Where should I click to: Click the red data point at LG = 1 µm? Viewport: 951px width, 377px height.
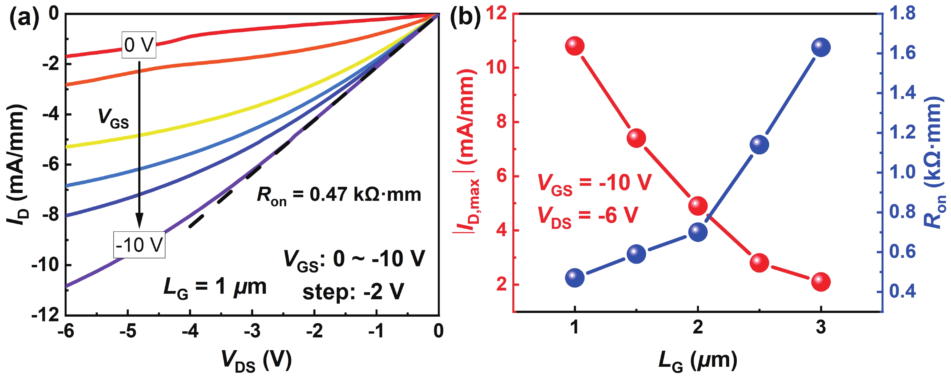coord(575,46)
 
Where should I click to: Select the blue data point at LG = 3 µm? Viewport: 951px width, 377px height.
coord(821,48)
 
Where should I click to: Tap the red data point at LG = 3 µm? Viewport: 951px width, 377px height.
coord(821,282)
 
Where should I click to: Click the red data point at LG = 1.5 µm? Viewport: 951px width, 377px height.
coord(636,138)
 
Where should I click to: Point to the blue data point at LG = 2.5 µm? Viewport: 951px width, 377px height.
coord(759,144)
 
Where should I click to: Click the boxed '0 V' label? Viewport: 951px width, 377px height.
coord(139,45)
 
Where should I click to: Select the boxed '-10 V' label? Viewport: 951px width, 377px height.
coord(139,245)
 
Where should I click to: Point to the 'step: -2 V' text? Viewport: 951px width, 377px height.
coord(353,292)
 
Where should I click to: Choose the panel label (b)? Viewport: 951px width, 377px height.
coord(465,17)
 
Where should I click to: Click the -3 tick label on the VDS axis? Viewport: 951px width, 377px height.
coord(252,331)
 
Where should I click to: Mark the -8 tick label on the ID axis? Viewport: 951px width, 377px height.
coord(51,214)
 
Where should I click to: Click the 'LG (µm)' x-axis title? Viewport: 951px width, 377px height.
coord(697,360)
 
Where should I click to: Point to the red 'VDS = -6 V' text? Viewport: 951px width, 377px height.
coord(588,216)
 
